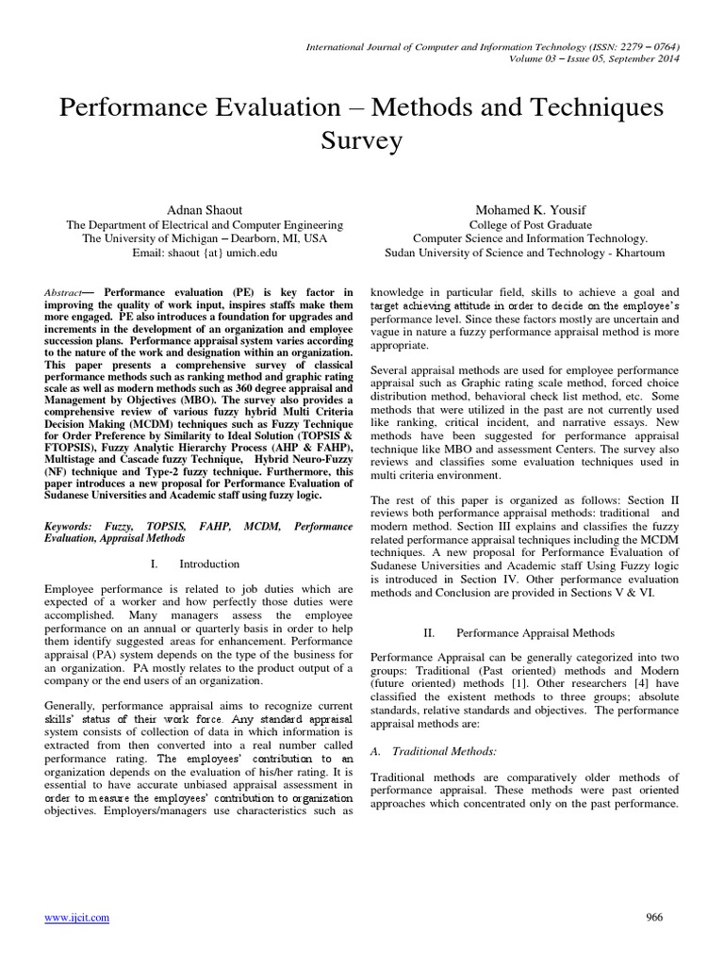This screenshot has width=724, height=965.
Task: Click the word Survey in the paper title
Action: [361, 140]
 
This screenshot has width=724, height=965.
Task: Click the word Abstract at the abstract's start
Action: [64, 293]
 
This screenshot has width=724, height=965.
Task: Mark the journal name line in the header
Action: [490, 47]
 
